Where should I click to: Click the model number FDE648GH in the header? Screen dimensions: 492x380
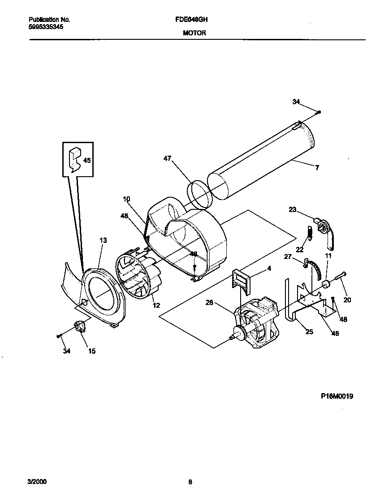pos(194,20)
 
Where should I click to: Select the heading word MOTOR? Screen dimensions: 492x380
pos(194,33)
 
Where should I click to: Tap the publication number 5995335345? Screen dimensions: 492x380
pos(46,27)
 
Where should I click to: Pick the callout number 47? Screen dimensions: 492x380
pos(167,158)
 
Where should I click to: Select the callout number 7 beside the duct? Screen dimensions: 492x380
pos(317,168)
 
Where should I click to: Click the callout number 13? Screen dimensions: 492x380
pos(103,241)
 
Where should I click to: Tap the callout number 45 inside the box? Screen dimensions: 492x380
pos(87,160)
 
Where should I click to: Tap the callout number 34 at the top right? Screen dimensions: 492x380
pos(296,102)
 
